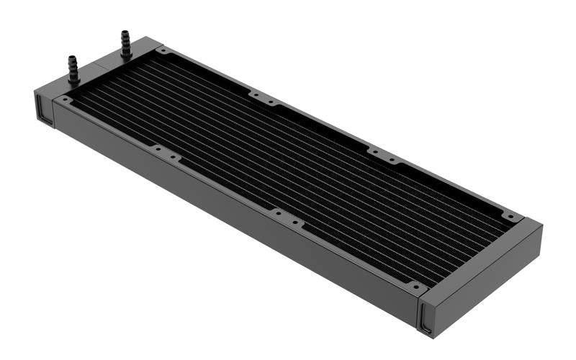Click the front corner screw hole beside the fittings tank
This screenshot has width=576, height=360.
point(66,99)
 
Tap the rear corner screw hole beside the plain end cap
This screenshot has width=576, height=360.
point(510,215)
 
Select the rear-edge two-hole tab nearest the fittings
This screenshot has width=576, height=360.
point(263,97)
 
